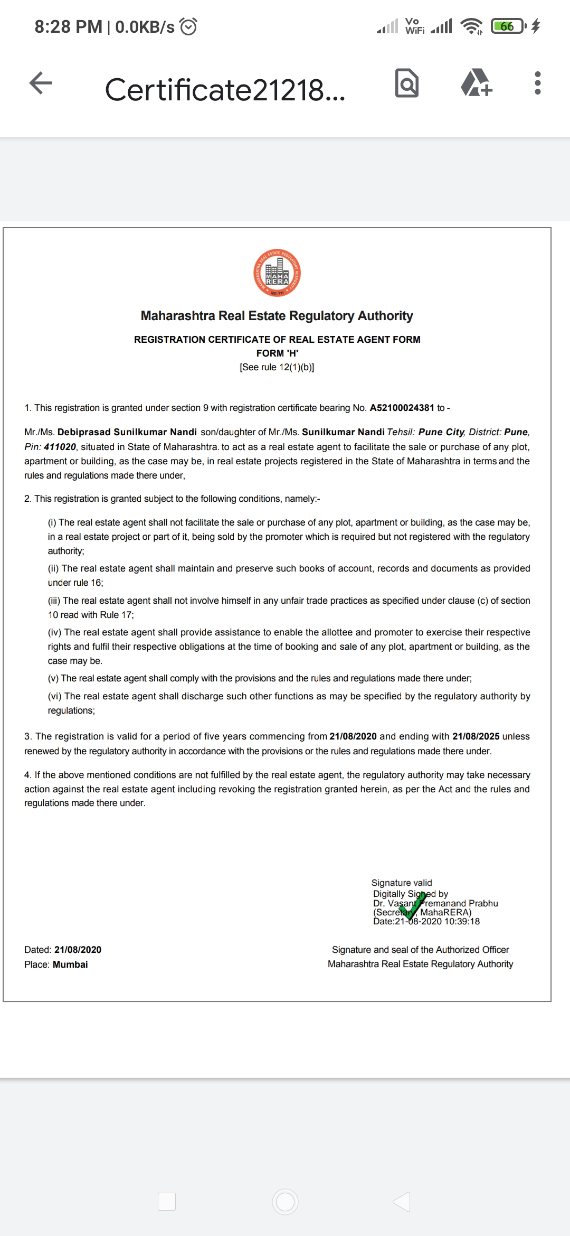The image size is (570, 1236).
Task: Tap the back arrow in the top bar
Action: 41,83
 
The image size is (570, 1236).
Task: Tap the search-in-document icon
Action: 407,83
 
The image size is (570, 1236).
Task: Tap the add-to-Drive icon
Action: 476,83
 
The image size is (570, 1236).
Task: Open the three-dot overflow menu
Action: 537,83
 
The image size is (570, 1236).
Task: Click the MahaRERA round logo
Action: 277,273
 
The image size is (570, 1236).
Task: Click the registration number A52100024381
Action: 402,408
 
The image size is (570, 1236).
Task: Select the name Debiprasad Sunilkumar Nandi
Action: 127,432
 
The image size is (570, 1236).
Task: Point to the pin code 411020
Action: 60,447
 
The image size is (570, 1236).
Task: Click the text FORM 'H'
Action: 277,353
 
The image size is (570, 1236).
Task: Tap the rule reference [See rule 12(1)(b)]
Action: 277,367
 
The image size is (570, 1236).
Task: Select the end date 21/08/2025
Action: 476,736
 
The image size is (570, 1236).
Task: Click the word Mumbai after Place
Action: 70,965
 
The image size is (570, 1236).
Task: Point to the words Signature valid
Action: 402,883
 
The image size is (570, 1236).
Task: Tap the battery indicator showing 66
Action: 507,26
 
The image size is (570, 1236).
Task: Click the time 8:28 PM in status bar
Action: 68,26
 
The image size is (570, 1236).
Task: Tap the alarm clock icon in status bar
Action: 188,26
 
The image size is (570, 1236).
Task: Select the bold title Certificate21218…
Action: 225,90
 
